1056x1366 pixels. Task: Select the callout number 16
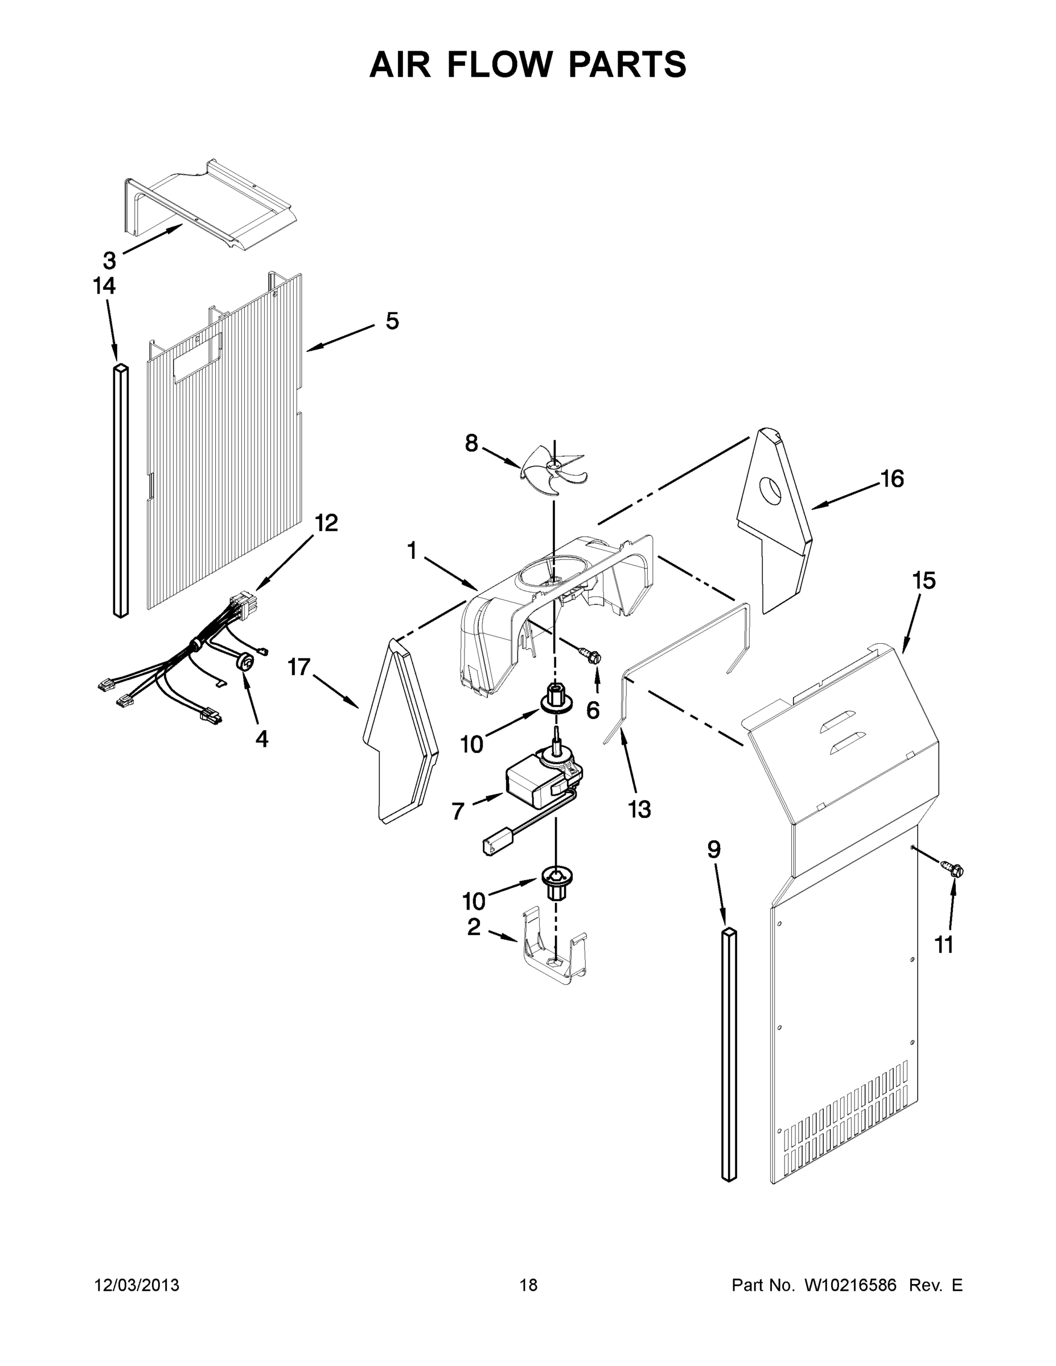click(x=892, y=479)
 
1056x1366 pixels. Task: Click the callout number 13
click(x=639, y=809)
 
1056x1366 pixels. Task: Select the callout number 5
click(x=392, y=321)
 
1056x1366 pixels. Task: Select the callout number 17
click(x=299, y=668)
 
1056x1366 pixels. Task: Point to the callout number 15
click(x=923, y=581)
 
